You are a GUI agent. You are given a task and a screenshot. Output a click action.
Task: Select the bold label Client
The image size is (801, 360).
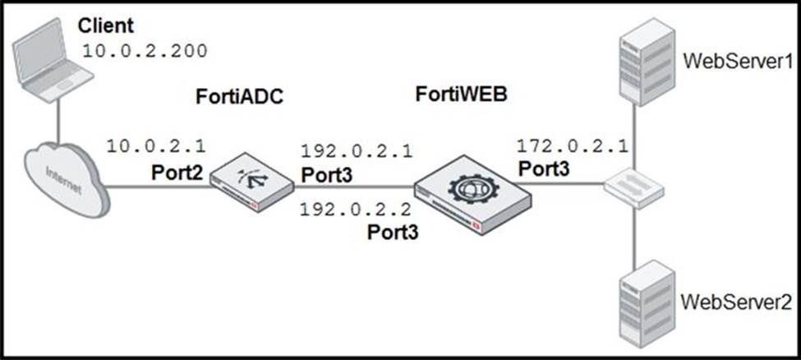coord(106,25)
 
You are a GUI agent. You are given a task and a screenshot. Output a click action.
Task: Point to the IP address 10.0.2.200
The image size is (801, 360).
coord(145,52)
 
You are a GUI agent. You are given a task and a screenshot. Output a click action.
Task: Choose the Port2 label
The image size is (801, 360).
coord(177,173)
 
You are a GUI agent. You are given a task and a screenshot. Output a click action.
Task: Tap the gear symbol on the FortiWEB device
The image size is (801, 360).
coord(472,189)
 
